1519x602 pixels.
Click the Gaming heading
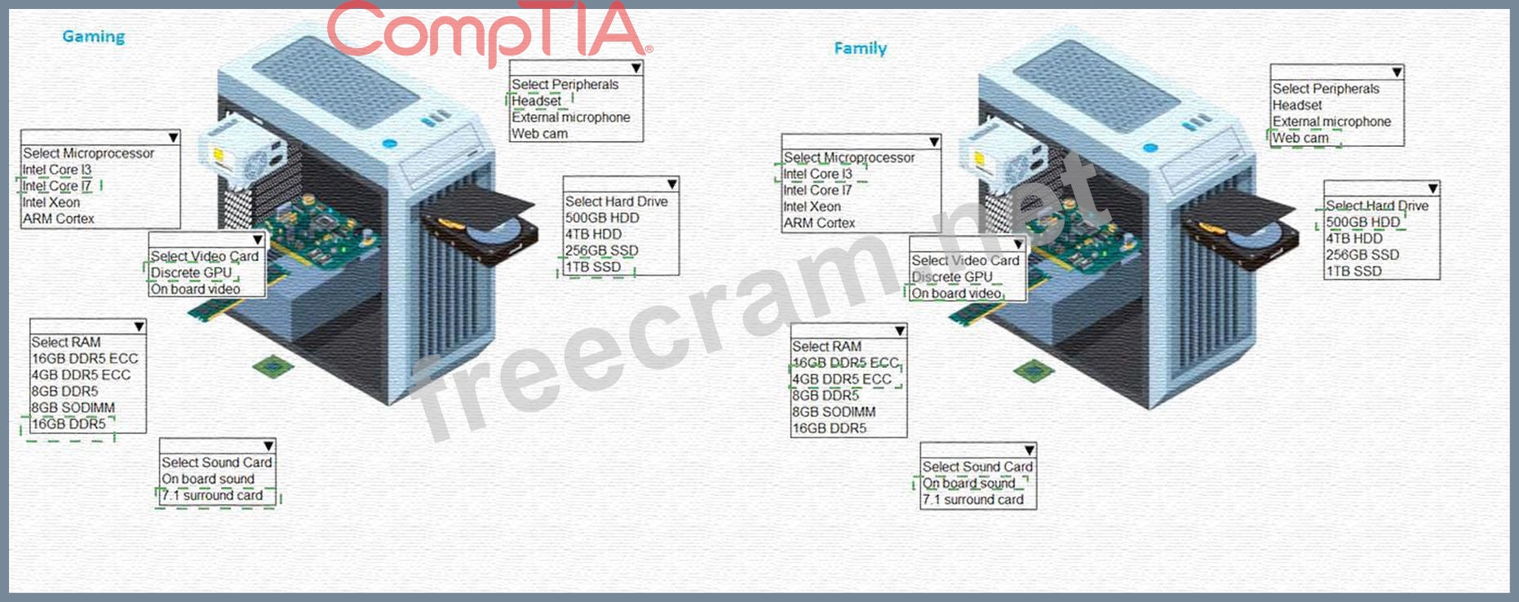coord(94,37)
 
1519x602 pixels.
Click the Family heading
coord(860,48)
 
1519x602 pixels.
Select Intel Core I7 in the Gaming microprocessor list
coord(57,186)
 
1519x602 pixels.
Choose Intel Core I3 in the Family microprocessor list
coord(817,174)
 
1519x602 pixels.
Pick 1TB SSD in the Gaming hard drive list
coord(594,267)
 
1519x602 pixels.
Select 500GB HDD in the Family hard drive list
coord(1362,222)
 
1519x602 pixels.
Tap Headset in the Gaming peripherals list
coord(536,101)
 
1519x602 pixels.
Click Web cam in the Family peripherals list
coord(1300,138)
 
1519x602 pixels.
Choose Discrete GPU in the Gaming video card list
coord(192,272)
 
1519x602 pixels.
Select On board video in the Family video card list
coord(956,294)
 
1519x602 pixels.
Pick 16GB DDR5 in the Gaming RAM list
coord(69,424)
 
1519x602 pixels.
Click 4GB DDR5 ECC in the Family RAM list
coord(841,379)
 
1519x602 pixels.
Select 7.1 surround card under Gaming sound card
coord(212,495)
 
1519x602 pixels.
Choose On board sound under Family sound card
coord(968,483)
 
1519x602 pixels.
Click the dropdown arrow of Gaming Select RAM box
coord(139,327)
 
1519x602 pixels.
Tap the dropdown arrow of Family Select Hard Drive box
coord(1433,189)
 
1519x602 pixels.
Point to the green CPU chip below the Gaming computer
coord(273,367)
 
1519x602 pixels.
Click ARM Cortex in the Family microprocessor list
coord(819,223)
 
